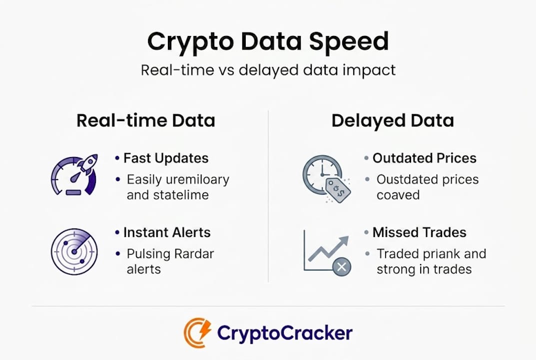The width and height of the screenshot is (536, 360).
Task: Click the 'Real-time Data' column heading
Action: (146, 120)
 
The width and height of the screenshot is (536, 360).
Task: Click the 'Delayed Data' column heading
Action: (393, 120)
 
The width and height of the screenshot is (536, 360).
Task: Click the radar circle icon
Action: (74, 251)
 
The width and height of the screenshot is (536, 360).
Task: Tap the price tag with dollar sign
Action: (338, 189)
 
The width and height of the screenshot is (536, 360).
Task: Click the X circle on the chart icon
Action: (342, 267)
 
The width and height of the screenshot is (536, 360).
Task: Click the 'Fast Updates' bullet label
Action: (166, 158)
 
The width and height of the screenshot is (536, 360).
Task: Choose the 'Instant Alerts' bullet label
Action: (167, 232)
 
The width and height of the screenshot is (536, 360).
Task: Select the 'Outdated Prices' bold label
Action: (425, 158)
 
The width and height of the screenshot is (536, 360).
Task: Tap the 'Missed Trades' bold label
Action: (420, 232)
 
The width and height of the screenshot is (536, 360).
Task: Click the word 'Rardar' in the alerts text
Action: (192, 254)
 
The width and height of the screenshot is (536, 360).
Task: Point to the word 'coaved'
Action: (398, 195)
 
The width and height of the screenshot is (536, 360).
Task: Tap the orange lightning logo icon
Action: (197, 332)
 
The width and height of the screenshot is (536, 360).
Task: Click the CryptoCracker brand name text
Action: (285, 332)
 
